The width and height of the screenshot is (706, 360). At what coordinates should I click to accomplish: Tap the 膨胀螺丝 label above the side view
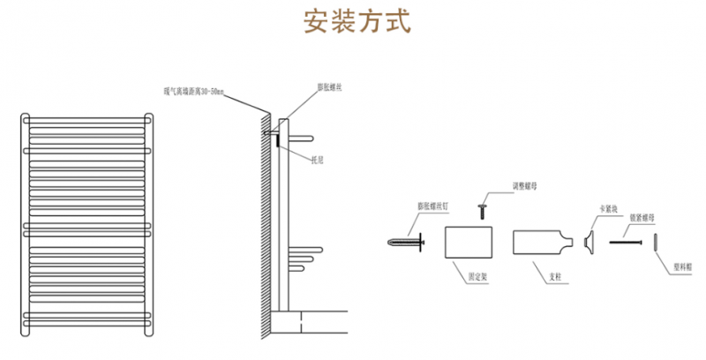(x=330, y=88)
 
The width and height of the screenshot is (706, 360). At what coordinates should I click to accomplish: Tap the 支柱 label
(x=554, y=276)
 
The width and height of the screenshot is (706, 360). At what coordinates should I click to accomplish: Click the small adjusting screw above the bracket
(x=484, y=209)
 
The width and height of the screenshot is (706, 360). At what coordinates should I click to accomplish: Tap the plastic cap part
(x=656, y=241)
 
